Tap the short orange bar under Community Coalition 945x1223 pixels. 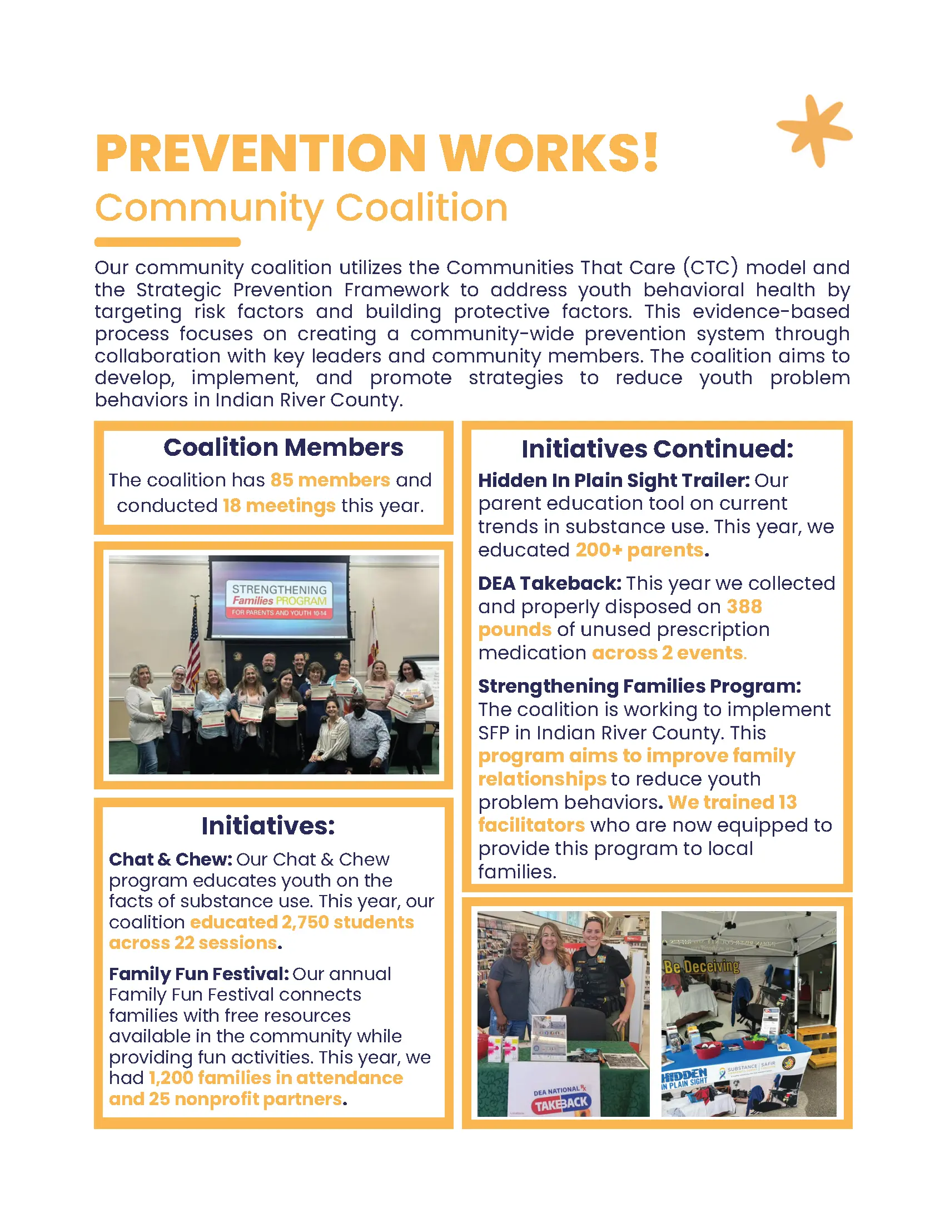pos(167,242)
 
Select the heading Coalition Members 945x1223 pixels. pos(283,448)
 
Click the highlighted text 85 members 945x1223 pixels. pos(330,480)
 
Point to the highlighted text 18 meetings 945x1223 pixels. pos(279,506)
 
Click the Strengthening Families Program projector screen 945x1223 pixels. pos(279,598)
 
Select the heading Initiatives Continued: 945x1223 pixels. pos(657,449)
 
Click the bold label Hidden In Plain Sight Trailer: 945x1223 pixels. pos(614,480)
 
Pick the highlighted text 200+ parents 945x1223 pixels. pos(639,550)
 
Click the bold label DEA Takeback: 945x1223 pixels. pos(549,584)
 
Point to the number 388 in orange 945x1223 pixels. pos(744,607)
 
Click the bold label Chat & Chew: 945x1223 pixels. pos(170,859)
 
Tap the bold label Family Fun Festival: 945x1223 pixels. pos(199,974)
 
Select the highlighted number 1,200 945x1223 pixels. pos(171,1078)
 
